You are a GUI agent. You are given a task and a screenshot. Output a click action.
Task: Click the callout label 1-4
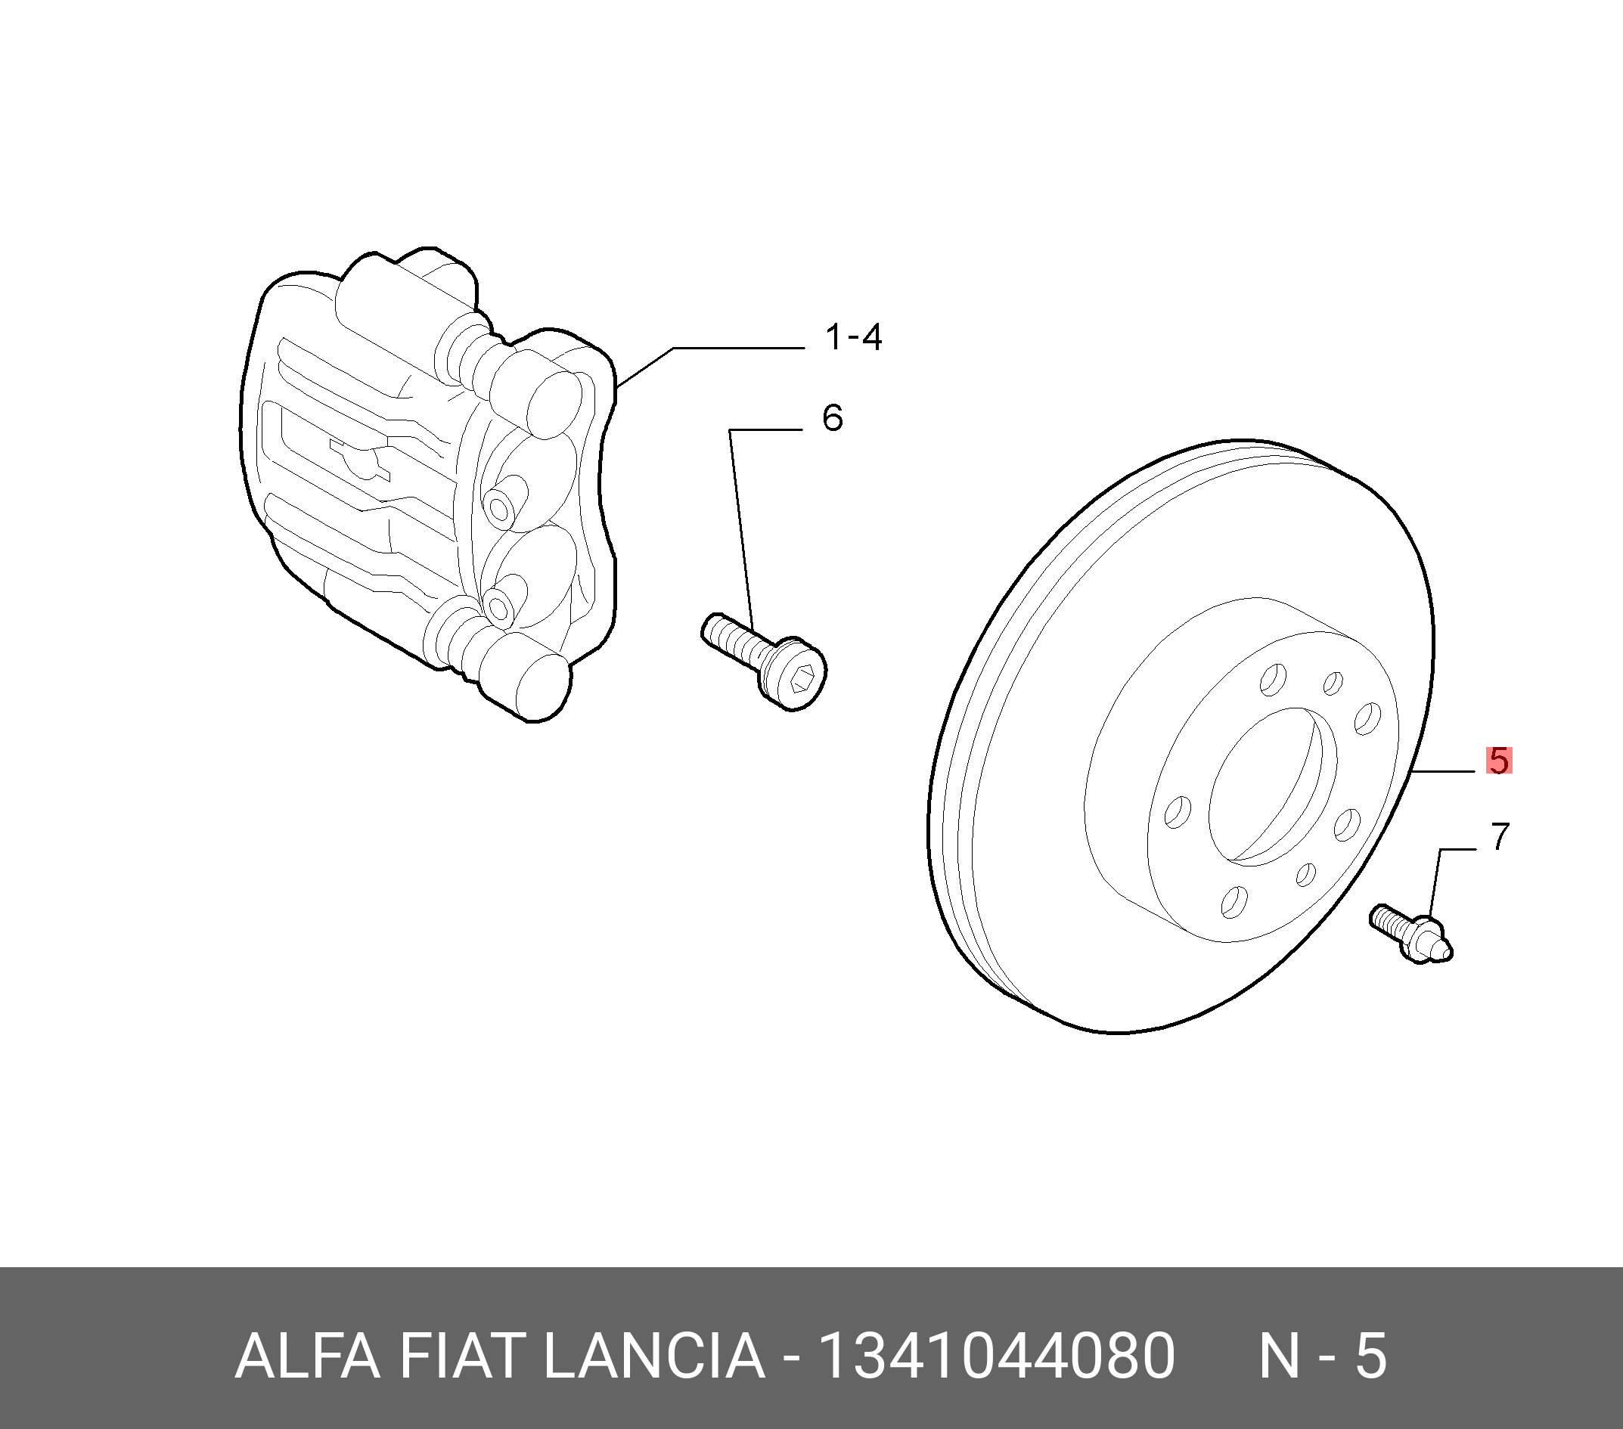click(x=854, y=338)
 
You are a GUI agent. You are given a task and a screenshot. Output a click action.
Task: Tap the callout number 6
click(x=831, y=418)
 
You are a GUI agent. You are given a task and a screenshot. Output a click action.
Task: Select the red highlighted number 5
click(x=1498, y=761)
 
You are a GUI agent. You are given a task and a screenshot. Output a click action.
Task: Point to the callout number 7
click(x=1499, y=837)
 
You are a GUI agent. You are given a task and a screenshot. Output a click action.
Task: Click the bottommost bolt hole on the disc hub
click(x=1234, y=901)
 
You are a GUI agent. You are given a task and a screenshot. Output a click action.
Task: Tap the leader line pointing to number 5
click(x=1441, y=771)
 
